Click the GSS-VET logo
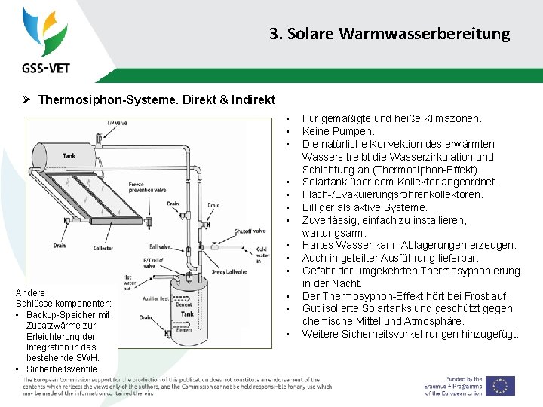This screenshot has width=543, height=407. (x=45, y=41)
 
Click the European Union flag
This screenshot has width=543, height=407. (x=500, y=386)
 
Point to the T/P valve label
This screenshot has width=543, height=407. (x=116, y=122)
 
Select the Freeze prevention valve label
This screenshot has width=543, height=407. (x=146, y=188)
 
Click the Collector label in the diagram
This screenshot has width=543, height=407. (x=103, y=249)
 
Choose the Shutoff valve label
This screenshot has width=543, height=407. (x=249, y=231)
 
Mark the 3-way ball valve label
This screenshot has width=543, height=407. (x=229, y=271)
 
